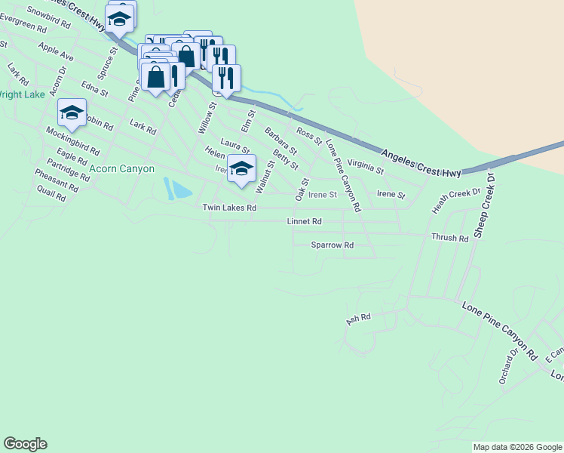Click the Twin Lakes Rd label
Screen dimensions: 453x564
[229, 208]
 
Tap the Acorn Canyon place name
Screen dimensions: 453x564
[121, 169]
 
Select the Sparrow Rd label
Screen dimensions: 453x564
[332, 245]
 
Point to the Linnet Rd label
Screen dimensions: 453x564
[305, 222]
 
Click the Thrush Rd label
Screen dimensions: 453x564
[449, 238]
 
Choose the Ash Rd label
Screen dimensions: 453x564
[359, 319]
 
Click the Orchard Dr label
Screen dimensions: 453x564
[508, 366]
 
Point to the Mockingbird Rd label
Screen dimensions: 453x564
[72, 140]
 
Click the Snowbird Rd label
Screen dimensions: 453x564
[48, 17]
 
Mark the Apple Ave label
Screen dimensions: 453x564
[56, 52]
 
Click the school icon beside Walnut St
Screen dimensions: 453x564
[241, 168]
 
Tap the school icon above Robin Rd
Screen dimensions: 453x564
[72, 113]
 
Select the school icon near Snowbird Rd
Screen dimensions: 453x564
[119, 19]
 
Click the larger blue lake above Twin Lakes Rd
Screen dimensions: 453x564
[182, 190]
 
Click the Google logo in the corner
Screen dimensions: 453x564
[25, 444]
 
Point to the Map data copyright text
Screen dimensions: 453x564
[516, 447]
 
